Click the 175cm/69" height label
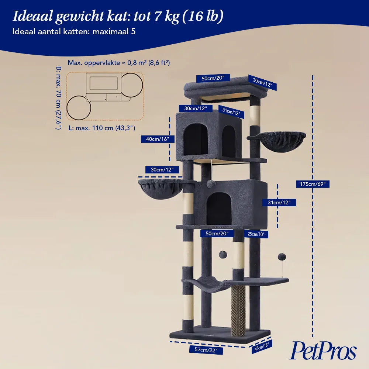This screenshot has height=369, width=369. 313,184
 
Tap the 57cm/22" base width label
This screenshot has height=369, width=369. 206,350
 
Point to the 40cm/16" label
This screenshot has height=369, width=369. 158,139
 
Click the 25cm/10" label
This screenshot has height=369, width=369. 256,234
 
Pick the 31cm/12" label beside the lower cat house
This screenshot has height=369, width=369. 279,202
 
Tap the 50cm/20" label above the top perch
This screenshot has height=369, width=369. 213,78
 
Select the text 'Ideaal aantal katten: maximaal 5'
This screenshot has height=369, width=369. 74,31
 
